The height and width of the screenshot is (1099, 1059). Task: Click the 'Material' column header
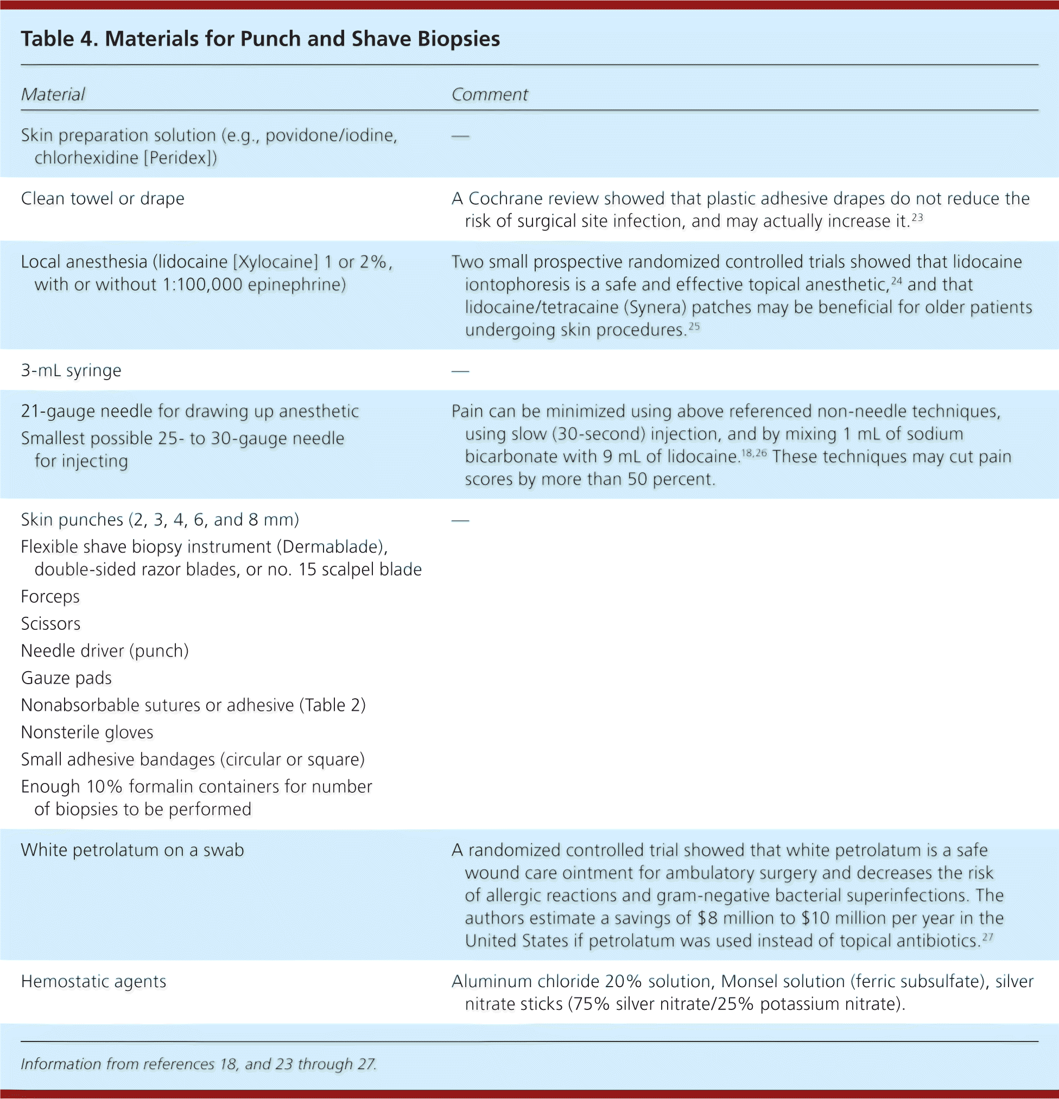click(x=53, y=94)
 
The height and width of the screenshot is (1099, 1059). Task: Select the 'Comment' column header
click(x=489, y=94)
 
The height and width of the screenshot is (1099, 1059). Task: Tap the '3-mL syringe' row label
click(x=71, y=371)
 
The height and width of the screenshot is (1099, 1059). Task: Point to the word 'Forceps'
click(x=50, y=597)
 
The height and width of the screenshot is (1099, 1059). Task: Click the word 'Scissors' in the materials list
click(x=50, y=623)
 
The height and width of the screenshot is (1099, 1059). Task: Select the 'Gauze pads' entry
click(x=66, y=678)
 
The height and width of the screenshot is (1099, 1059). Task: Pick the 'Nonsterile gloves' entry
click(x=87, y=732)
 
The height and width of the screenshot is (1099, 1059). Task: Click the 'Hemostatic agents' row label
click(x=93, y=981)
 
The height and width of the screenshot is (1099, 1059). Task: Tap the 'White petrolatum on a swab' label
click(x=132, y=850)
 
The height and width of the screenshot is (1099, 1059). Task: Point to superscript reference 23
click(x=917, y=217)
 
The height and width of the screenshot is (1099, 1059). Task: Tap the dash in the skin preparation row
click(x=460, y=136)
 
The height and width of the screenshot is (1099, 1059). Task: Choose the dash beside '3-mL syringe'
click(x=460, y=371)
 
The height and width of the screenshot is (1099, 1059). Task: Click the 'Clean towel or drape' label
click(x=103, y=199)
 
